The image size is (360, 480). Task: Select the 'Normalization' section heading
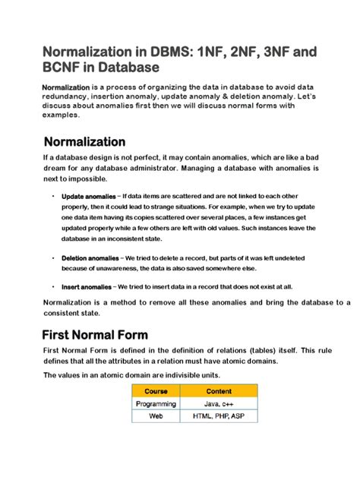(85, 142)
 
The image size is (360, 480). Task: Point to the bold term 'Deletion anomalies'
(90, 257)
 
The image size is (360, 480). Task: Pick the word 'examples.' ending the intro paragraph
(60, 116)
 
